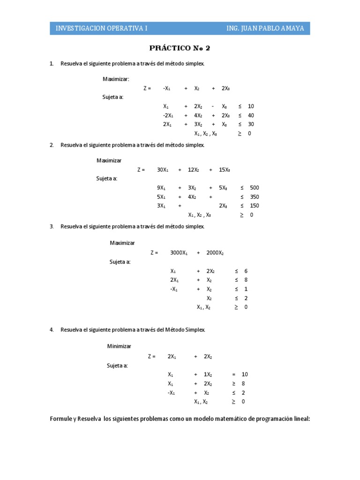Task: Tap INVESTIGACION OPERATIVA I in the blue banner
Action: pyautogui.click(x=102, y=28)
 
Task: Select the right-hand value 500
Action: pyautogui.click(x=255, y=187)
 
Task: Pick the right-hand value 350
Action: pyautogui.click(x=255, y=197)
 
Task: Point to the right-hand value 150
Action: pyautogui.click(x=255, y=206)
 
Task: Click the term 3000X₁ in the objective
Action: pyautogui.click(x=179, y=253)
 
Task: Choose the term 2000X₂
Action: pyautogui.click(x=215, y=253)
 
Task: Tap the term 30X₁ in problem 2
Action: pyautogui.click(x=163, y=170)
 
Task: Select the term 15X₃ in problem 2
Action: pyautogui.click(x=224, y=170)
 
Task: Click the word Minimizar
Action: pyautogui.click(x=119, y=346)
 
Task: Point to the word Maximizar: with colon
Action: pyautogui.click(x=116, y=79)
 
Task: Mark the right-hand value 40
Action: pyautogui.click(x=251, y=115)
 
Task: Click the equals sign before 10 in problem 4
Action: pyautogui.click(x=233, y=375)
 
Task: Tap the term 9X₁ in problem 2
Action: pyautogui.click(x=161, y=187)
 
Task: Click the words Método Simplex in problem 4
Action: pyautogui.click(x=185, y=330)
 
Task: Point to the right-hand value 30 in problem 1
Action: pyautogui.click(x=251, y=124)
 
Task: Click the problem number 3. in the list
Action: pyautogui.click(x=52, y=226)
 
